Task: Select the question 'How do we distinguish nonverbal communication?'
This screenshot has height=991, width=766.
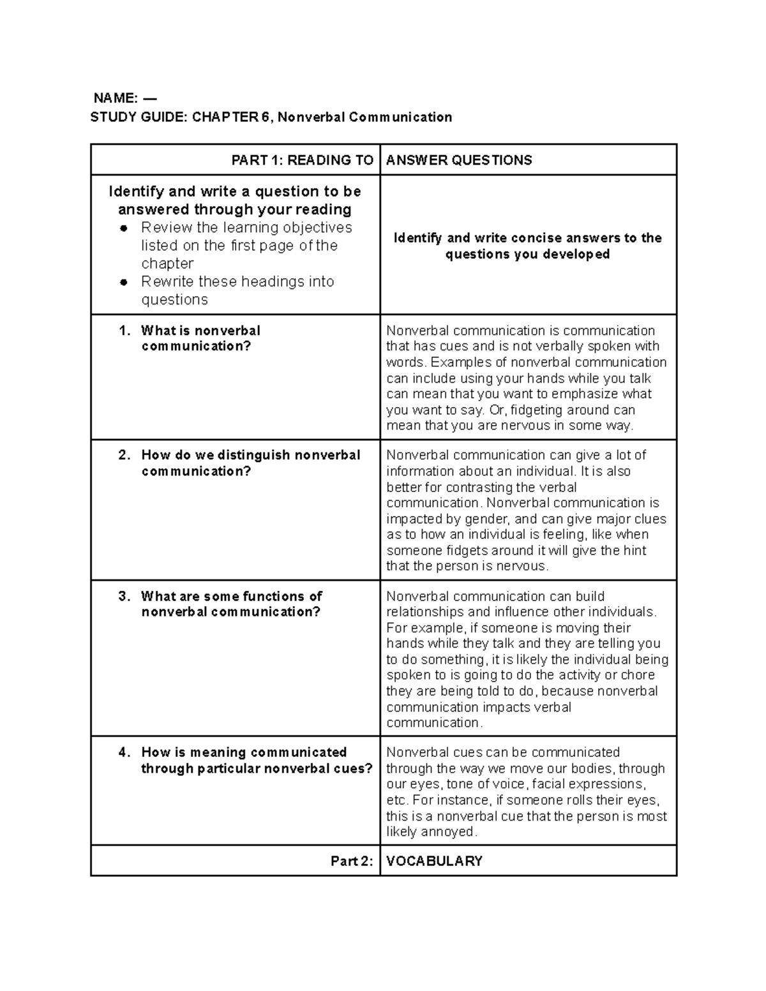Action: point(250,463)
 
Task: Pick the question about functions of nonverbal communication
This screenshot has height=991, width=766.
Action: point(231,604)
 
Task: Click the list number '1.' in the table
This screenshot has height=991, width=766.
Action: point(124,331)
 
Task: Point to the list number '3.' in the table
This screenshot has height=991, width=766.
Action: point(124,597)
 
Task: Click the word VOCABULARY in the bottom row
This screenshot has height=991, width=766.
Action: point(434,861)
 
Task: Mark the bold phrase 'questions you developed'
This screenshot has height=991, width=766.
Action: point(527,255)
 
